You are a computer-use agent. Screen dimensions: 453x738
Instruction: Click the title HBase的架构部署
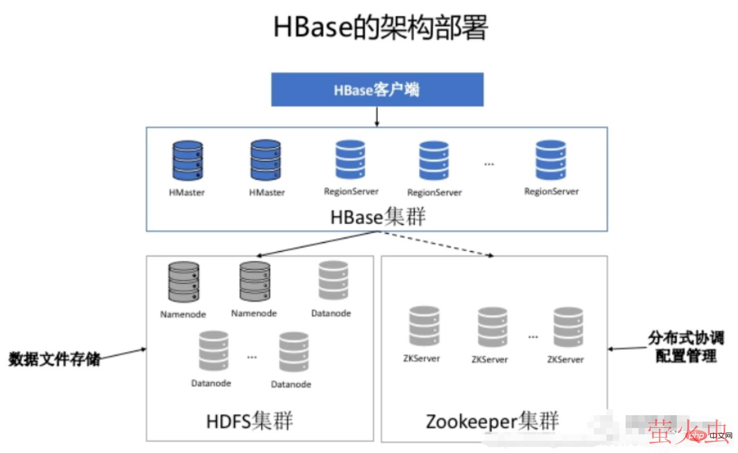click(x=380, y=28)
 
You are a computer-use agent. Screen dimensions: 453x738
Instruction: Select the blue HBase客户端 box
click(x=377, y=89)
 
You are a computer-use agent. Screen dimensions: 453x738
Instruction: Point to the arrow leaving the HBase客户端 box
click(x=377, y=116)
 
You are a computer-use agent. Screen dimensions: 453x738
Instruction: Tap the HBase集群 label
click(x=378, y=217)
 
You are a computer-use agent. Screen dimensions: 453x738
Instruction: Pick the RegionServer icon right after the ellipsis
click(x=551, y=160)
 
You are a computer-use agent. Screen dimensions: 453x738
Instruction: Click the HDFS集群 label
click(x=250, y=421)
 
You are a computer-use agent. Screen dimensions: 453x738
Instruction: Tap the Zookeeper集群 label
click(x=492, y=421)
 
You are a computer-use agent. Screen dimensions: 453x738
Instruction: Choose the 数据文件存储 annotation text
click(x=54, y=359)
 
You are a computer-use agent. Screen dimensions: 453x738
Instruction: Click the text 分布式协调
click(x=686, y=338)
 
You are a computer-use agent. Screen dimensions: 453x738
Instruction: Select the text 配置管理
click(x=686, y=356)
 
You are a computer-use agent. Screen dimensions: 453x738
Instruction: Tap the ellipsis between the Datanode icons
click(x=252, y=357)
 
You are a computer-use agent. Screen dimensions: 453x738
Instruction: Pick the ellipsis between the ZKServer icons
click(x=533, y=336)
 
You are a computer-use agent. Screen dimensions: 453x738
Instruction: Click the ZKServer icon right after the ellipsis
click(x=568, y=327)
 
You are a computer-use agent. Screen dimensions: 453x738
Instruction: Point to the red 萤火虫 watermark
click(x=687, y=432)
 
